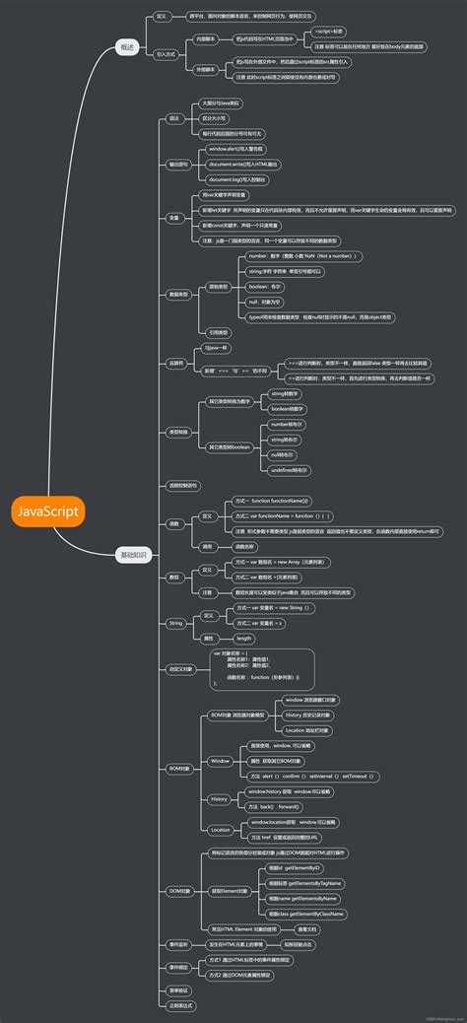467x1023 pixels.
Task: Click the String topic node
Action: click(x=175, y=623)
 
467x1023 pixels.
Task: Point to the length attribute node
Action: click(x=244, y=639)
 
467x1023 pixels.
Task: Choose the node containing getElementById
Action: click(x=295, y=868)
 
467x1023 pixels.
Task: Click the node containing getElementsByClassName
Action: click(x=305, y=914)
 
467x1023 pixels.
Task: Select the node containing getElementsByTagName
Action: click(x=303, y=883)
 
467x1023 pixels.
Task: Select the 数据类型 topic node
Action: click(x=180, y=295)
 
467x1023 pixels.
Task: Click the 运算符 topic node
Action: click(x=176, y=364)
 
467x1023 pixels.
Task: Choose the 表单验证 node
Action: click(x=177, y=990)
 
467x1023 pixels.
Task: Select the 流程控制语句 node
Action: click(x=183, y=486)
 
